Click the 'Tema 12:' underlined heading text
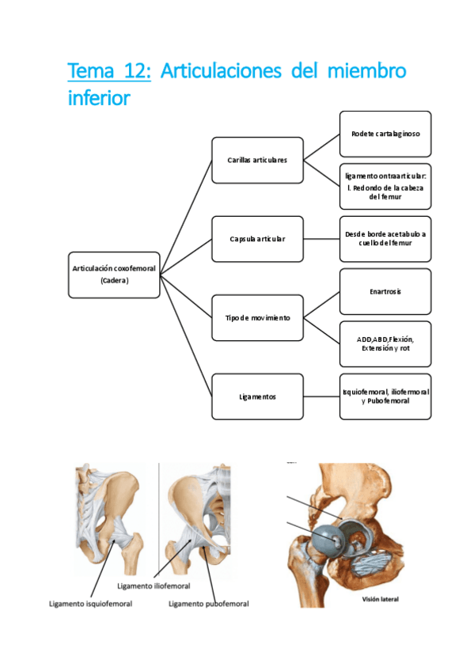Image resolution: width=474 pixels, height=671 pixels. [109, 71]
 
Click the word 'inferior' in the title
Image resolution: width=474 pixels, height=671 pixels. [99, 99]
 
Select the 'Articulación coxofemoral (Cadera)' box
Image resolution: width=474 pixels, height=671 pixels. [114, 275]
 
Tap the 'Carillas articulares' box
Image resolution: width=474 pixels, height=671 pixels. [257, 160]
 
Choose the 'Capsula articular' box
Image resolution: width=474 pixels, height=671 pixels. [257, 238]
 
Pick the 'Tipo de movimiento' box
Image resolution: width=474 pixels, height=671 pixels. [257, 317]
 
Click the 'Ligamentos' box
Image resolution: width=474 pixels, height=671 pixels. [257, 396]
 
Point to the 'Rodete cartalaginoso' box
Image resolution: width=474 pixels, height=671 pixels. [385, 134]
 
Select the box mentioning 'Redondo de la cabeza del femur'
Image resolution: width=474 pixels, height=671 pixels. [385, 186]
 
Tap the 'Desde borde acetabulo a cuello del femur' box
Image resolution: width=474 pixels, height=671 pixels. [385, 238]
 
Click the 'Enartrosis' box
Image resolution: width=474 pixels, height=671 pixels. [385, 291]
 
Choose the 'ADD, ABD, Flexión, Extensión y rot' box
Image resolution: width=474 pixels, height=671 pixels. [385, 343]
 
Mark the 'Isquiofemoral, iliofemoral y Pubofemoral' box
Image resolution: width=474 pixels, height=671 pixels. [385, 396]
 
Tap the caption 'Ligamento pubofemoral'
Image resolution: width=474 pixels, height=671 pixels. [209, 604]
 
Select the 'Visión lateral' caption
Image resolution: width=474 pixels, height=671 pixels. [380, 599]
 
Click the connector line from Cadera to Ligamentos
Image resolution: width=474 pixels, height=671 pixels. [186, 335]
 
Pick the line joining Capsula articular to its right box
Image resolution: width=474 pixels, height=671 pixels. [321, 238]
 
